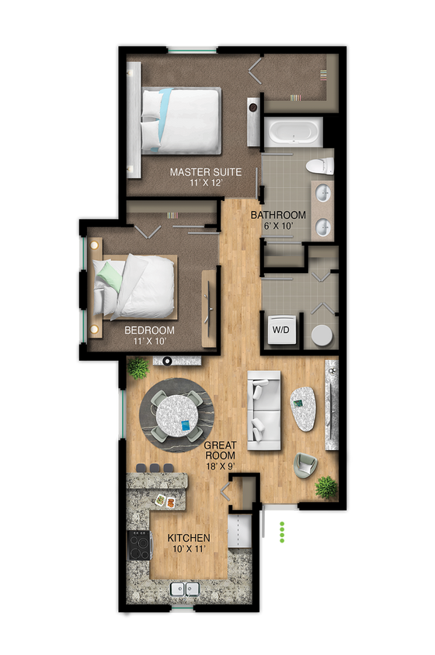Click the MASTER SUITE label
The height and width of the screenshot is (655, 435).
(205, 172)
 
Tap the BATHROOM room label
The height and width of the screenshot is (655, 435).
(277, 215)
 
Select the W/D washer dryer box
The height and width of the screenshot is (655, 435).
(280, 328)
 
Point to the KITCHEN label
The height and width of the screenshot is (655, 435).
(189, 538)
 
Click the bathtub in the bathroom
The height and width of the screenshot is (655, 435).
(291, 131)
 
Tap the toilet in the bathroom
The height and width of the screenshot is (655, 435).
(319, 165)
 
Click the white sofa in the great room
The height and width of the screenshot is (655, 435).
(263, 411)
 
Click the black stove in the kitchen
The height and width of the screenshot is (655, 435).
(140, 545)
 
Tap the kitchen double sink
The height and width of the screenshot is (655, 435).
(186, 591)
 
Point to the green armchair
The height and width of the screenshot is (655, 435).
(305, 465)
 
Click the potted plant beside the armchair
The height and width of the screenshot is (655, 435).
(327, 487)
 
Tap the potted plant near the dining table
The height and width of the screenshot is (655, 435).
(138, 366)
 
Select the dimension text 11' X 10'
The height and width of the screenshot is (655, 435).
(149, 341)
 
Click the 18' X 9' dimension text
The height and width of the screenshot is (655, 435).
(220, 466)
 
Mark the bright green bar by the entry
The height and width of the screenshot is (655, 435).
(283, 530)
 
